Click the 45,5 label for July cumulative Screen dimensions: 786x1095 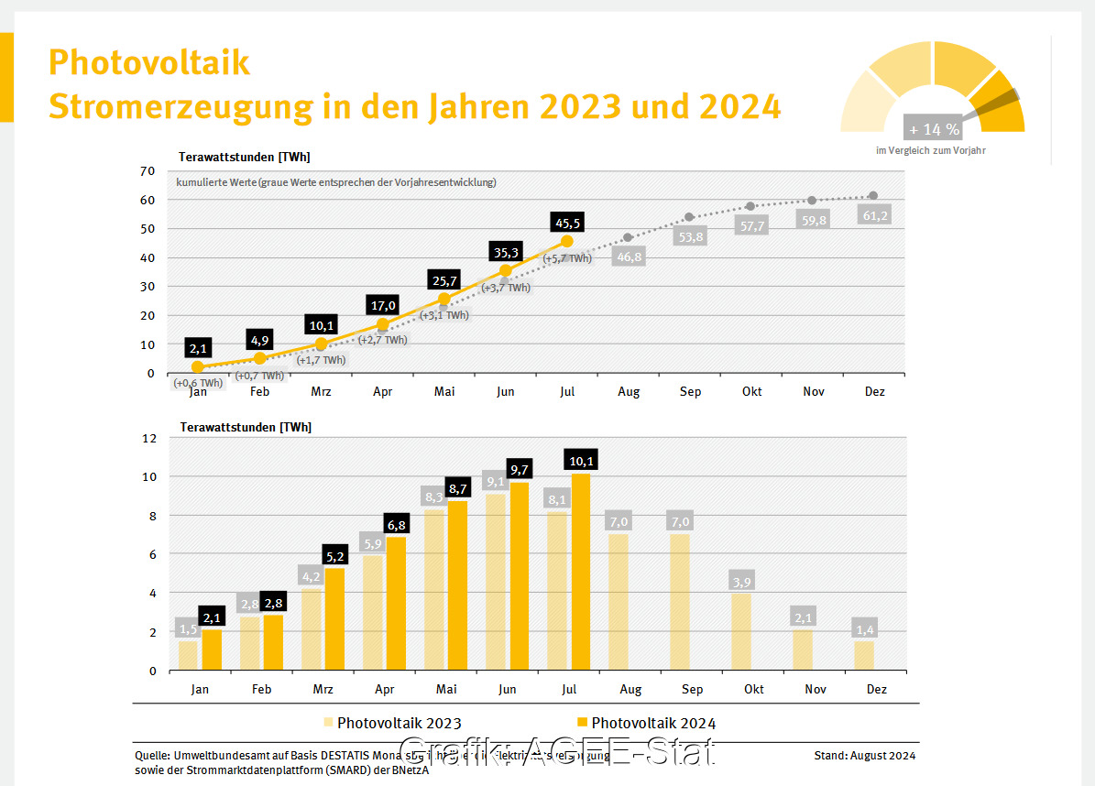(567, 223)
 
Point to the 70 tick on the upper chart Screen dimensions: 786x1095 (148, 171)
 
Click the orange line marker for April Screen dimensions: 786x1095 (383, 324)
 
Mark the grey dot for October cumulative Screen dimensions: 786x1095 (750, 206)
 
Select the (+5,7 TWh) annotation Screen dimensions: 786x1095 (568, 258)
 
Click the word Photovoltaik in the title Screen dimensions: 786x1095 (148, 62)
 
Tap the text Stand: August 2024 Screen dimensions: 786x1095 (864, 756)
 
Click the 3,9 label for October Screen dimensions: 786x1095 (740, 583)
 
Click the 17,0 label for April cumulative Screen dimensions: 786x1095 (383, 305)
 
